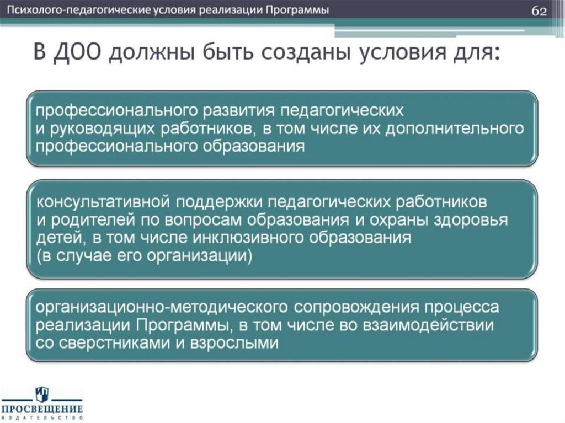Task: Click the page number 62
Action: tap(539, 11)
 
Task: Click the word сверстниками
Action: tap(110, 342)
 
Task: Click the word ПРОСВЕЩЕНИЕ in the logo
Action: tap(41, 409)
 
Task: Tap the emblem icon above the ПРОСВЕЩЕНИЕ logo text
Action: tap(42, 394)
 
